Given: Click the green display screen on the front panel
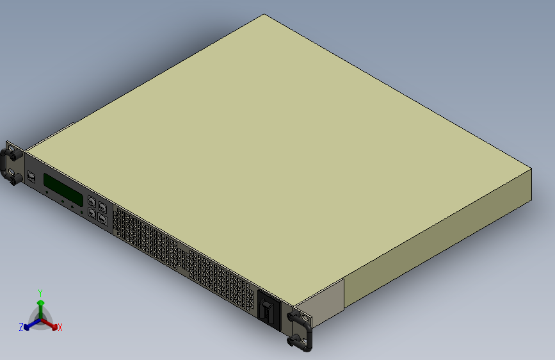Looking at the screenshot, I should tap(63, 190).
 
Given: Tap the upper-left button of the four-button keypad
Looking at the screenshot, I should tap(92, 202).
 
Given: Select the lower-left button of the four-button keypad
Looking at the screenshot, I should tap(92, 212).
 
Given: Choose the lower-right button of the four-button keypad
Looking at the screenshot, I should tap(102, 218).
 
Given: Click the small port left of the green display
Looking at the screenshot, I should tap(31, 176).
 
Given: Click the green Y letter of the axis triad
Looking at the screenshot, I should tap(40, 292).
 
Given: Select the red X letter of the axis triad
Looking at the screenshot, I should tap(60, 328).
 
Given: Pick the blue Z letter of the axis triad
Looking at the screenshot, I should tap(21, 327).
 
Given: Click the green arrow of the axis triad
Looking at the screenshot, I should tap(40, 304).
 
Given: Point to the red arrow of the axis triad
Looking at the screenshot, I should tap(52, 324).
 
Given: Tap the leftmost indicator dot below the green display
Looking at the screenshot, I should tap(47, 192).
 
